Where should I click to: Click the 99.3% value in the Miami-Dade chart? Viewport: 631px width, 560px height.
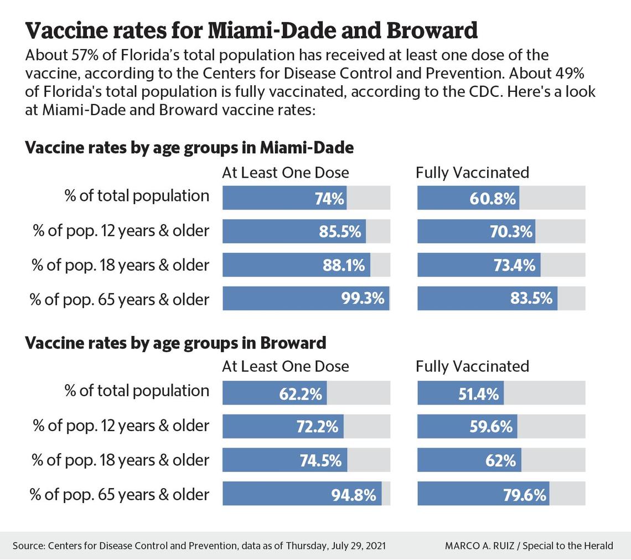coord(363,299)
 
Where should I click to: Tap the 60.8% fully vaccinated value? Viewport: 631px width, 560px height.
coord(493,198)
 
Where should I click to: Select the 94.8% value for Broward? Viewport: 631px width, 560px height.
coord(354,494)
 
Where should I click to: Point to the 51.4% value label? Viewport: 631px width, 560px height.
coord(478,393)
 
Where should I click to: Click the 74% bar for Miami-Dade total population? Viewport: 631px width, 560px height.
coord(285,198)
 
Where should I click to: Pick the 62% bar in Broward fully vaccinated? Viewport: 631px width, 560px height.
coord(469,460)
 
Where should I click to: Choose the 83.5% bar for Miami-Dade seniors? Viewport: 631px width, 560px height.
coord(487,299)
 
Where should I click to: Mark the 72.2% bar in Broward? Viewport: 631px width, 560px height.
coord(283,426)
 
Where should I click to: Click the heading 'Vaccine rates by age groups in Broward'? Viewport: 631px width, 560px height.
coord(175,343)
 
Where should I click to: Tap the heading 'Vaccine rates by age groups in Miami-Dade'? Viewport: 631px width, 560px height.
coord(189,148)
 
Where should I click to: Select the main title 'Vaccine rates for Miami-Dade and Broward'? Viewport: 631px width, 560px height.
coord(251,31)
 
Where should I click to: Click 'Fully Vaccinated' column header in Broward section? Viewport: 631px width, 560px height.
coord(472,366)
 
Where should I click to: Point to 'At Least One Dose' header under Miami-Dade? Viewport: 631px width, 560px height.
coord(285,173)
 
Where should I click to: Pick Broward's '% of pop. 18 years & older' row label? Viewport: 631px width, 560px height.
coord(120,460)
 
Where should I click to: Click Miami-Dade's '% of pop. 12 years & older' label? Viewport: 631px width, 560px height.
coord(121,231)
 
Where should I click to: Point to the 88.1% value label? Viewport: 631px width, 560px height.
coord(344,266)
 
